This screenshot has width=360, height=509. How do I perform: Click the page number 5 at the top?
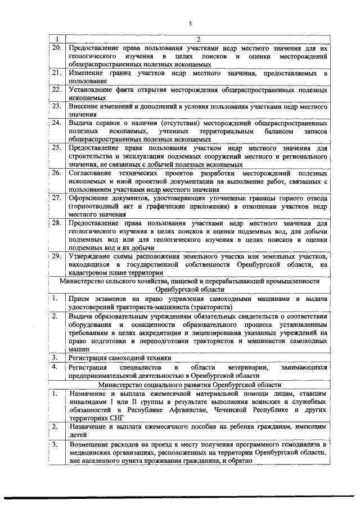[190, 23]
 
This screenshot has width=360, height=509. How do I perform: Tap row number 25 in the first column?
[56, 147]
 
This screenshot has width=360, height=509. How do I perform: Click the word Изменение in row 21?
[86, 73]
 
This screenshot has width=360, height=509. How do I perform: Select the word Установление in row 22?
[92, 89]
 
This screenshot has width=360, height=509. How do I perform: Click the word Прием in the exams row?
[79, 298]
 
